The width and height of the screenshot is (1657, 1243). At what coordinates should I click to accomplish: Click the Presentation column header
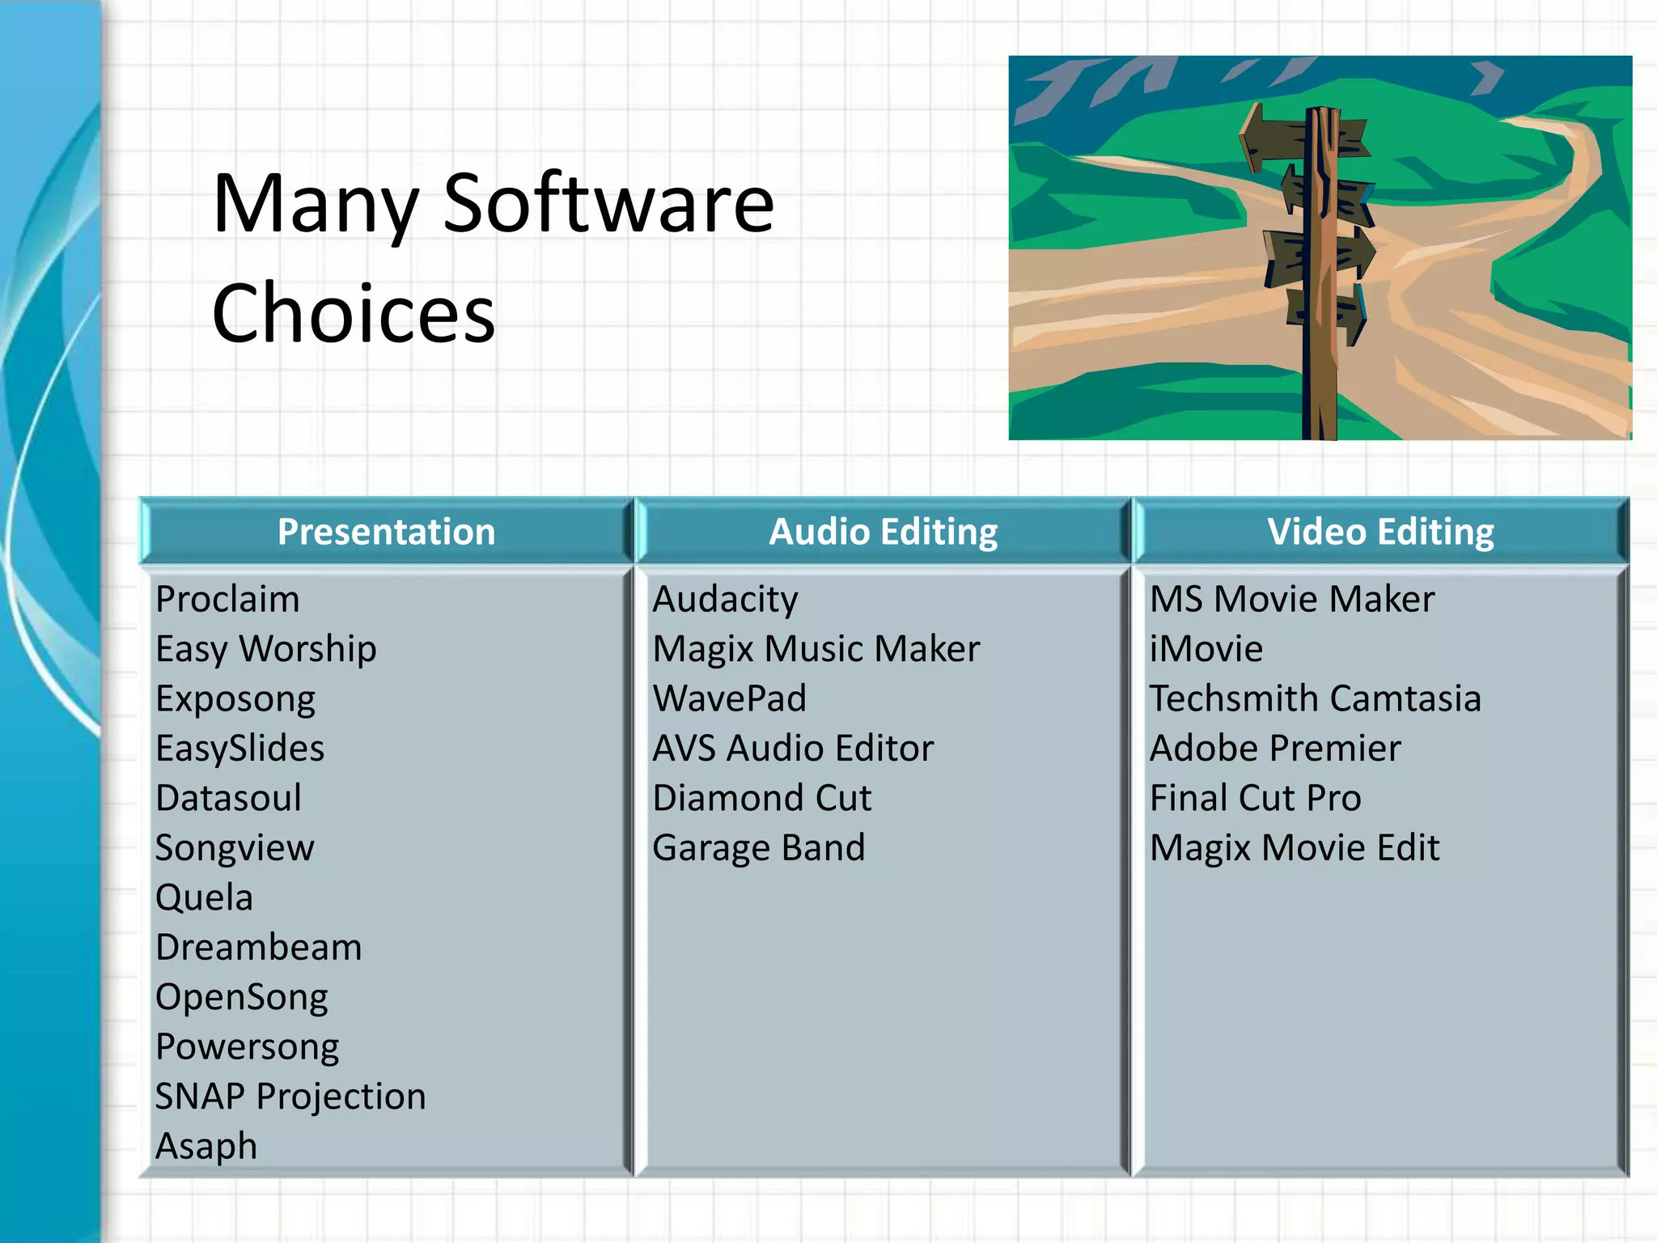(386, 532)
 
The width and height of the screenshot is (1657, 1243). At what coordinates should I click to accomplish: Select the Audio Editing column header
(883, 532)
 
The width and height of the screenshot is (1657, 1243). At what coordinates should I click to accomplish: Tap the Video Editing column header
(1380, 532)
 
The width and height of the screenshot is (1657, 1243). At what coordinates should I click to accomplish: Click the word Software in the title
(608, 204)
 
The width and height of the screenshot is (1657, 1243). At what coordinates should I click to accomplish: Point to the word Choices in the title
(353, 314)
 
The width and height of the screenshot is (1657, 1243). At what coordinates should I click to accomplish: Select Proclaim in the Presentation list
(227, 600)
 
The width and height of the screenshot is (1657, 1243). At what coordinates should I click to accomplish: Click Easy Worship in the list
(265, 649)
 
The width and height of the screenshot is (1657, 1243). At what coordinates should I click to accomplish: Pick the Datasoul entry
(228, 798)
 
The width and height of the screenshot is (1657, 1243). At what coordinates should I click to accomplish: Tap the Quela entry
(204, 897)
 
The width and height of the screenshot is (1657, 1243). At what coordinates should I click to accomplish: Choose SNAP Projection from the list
(290, 1097)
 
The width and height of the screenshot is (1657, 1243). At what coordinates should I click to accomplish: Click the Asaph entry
(206, 1146)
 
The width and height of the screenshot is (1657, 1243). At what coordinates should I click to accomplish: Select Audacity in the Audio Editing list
(725, 600)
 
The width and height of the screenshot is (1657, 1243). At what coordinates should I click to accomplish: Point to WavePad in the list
(729, 698)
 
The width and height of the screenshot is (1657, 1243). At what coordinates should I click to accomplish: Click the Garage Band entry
(758, 848)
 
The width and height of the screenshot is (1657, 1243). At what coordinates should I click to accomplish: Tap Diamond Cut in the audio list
(761, 798)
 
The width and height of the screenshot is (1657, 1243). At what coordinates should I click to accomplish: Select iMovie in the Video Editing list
(1206, 649)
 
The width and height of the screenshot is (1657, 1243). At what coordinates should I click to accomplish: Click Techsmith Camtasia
(1315, 698)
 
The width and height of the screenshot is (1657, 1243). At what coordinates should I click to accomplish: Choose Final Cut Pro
(1255, 798)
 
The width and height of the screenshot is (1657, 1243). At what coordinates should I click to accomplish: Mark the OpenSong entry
(241, 997)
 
